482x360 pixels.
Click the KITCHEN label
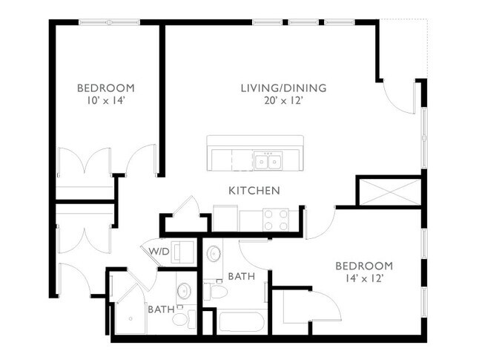click(x=254, y=191)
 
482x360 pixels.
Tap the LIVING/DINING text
click(x=283, y=88)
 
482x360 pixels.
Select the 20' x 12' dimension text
click(x=283, y=102)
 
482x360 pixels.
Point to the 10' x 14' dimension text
click(x=105, y=102)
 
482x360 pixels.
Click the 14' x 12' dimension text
click(x=363, y=279)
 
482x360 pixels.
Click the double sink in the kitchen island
click(x=268, y=160)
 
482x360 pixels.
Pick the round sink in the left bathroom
click(x=183, y=289)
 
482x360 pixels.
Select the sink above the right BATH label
click(x=213, y=253)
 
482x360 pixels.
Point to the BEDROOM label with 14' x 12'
click(x=363, y=266)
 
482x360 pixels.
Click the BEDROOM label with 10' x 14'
click(x=105, y=88)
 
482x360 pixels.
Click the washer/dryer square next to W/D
click(x=182, y=251)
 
